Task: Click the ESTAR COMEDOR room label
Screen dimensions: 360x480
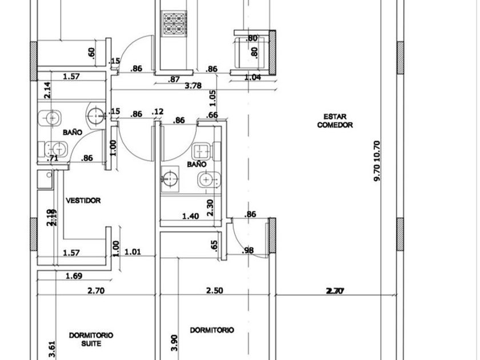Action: [335, 121]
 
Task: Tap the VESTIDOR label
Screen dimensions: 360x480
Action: [83, 201]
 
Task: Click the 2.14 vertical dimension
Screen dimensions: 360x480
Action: [47, 89]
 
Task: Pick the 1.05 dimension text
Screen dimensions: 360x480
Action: [213, 98]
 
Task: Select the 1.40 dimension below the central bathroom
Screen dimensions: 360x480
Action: [190, 217]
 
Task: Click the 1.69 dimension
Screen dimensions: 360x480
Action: [74, 276]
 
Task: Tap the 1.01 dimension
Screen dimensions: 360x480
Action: [133, 251]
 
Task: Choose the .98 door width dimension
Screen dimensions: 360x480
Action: [249, 250]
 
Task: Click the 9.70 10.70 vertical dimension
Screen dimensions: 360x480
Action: [377, 162]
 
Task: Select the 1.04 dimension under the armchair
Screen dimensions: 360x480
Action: [252, 77]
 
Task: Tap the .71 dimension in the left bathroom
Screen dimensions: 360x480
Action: [53, 158]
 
